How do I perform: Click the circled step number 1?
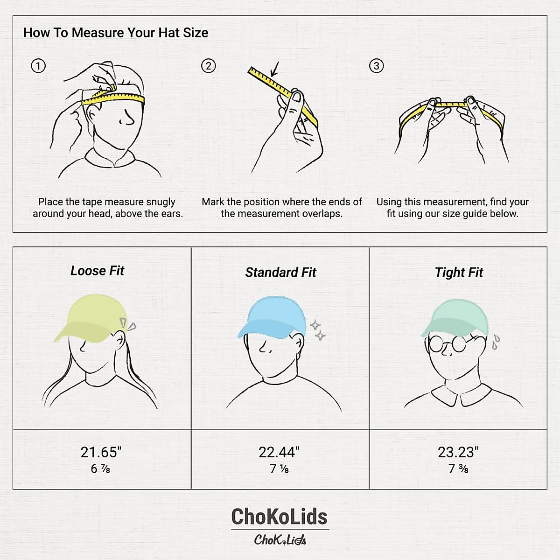point(38,66)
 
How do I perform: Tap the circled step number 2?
point(208,66)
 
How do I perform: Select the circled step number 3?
point(376,66)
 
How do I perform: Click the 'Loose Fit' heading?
point(97,271)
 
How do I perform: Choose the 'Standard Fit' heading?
point(280,273)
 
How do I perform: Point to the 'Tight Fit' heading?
point(459,273)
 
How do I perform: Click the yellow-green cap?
point(89,317)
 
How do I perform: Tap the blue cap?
point(273,318)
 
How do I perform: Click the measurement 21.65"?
point(101,452)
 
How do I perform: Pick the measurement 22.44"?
point(279,452)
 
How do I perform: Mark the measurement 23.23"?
point(458,452)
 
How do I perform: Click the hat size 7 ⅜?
point(458,469)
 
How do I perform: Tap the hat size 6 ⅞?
point(101,469)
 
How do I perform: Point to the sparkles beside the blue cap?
point(318,330)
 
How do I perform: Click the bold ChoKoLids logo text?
point(280,517)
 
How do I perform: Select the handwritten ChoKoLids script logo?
point(280,540)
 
